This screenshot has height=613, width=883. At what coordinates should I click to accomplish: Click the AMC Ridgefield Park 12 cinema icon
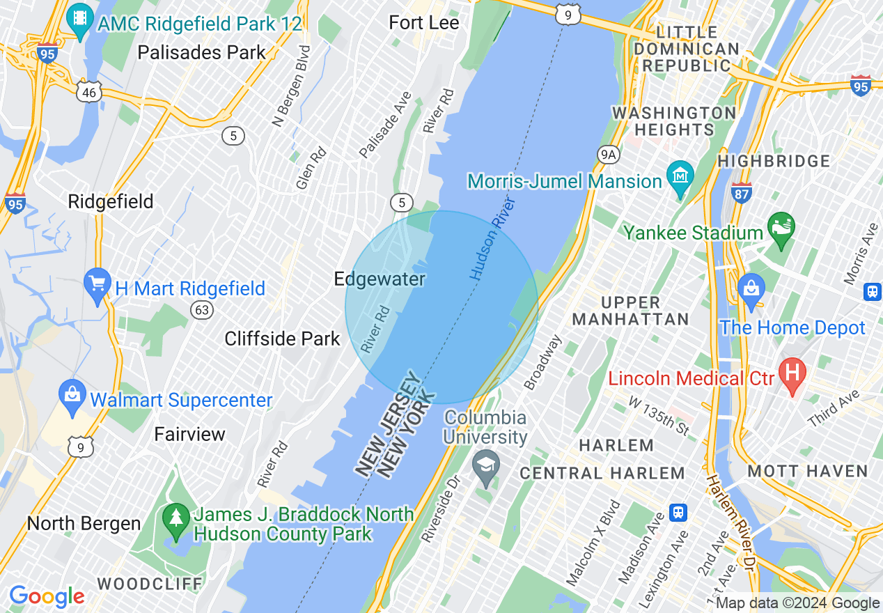(81, 20)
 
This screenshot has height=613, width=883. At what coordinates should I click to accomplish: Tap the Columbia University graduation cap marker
(485, 467)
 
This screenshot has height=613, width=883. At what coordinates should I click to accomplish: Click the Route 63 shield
(203, 310)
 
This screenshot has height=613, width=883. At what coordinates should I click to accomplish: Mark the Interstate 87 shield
(742, 192)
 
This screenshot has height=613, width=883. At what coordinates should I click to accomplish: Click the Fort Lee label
(424, 22)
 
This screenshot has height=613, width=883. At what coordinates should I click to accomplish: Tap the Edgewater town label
(380, 279)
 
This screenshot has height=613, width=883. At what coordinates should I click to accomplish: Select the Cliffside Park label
(282, 339)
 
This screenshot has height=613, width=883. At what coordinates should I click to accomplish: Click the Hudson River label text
(492, 239)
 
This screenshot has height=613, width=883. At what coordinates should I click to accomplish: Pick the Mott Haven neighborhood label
(808, 472)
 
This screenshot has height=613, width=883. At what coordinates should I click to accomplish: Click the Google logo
(47, 596)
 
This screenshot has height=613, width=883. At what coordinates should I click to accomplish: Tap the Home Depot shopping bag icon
(751, 290)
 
